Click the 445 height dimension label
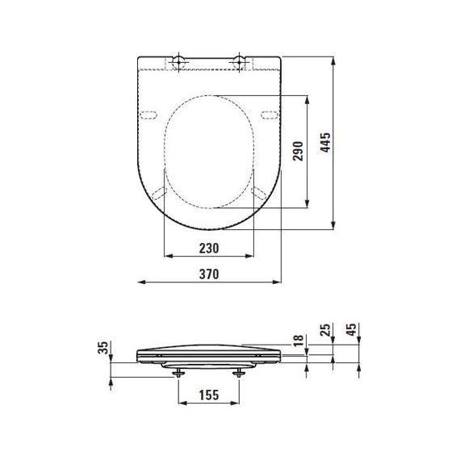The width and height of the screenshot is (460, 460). pyautogui.click(x=324, y=142)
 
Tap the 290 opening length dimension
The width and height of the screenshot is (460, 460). pyautogui.click(x=299, y=151)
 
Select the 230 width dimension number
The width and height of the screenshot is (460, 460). pyautogui.click(x=209, y=249)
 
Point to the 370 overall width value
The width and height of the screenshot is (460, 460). pyautogui.click(x=209, y=274)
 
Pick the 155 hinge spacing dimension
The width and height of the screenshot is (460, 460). pyautogui.click(x=209, y=395)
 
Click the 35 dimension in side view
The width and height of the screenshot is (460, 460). pyautogui.click(x=102, y=349)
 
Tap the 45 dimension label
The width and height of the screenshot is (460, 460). pyautogui.click(x=351, y=331)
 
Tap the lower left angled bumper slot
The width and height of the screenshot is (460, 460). pyautogui.click(x=159, y=191)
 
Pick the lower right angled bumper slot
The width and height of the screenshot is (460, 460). pyautogui.click(x=260, y=191)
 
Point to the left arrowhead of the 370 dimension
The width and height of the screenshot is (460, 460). pyautogui.click(x=139, y=282)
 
